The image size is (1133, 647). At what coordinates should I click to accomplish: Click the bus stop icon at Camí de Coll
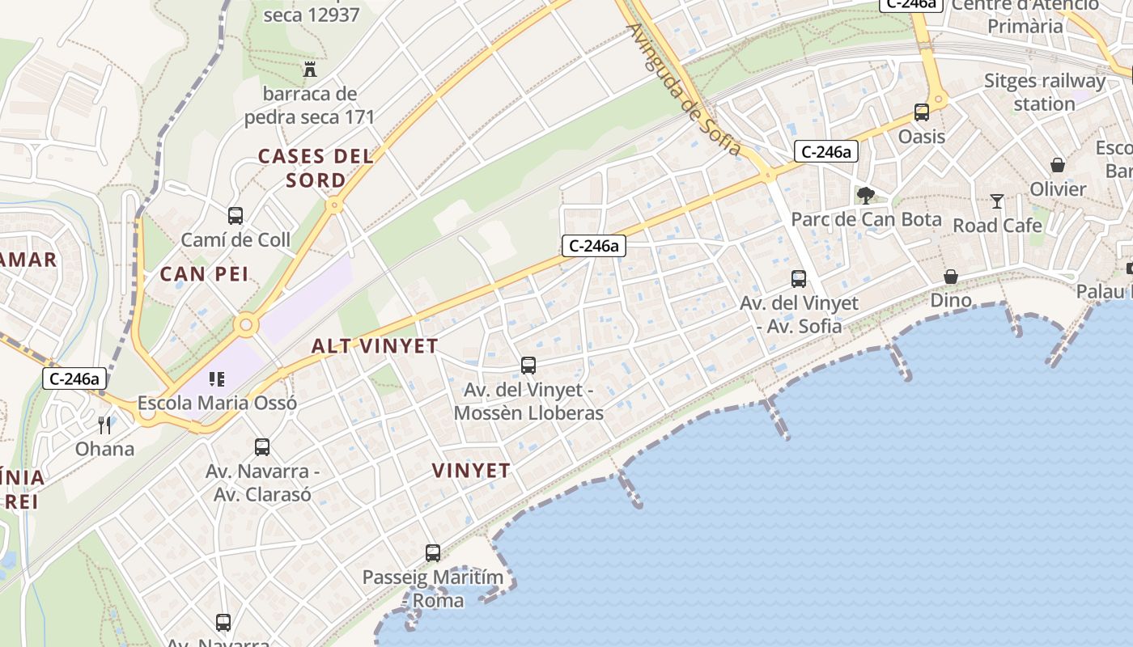coord(236,216)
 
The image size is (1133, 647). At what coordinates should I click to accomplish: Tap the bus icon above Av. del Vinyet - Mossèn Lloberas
coord(528,366)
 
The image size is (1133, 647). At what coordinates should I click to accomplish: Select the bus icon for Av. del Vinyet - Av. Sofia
coord(799,279)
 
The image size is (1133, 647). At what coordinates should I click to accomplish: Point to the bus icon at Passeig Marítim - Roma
coord(433,553)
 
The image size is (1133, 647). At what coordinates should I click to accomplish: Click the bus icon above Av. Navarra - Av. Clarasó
coord(262,447)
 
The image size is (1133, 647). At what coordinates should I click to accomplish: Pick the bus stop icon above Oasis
coord(922,112)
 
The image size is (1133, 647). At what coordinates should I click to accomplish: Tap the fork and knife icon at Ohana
coord(104,425)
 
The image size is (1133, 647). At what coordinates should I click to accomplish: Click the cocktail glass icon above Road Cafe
coord(997,201)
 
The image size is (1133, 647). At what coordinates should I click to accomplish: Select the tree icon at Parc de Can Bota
coord(866,195)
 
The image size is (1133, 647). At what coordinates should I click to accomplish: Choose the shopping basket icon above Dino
coord(951,277)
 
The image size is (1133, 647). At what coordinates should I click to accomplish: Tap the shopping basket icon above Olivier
coord(1058,165)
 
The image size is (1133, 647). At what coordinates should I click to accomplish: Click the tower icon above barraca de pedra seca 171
coord(309,70)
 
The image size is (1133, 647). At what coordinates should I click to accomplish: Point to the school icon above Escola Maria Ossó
coord(216,378)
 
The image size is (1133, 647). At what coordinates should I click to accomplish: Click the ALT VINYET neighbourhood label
coord(375,346)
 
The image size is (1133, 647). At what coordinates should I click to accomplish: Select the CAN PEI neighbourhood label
coord(204,274)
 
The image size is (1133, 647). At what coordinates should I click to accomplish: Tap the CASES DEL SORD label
coord(316,167)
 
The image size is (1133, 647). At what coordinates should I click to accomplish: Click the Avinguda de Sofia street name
coord(684,89)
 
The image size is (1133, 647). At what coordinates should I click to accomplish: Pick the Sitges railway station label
coord(1044,92)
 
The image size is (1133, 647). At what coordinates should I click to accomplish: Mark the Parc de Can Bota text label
coord(866,219)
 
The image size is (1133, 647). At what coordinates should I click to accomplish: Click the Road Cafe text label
coord(997,225)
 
